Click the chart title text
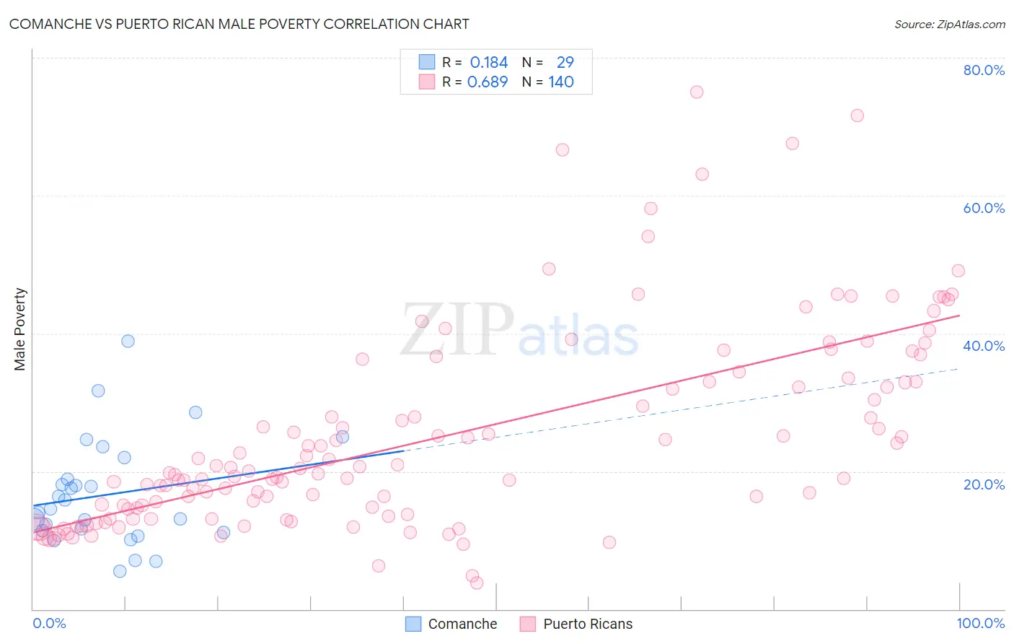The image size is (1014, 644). coord(239,24)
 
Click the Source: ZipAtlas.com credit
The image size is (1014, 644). coord(949,24)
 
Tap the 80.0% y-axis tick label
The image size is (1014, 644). coord(984,70)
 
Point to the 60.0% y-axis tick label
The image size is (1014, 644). coord(984,208)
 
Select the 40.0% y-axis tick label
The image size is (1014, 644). coord(984,346)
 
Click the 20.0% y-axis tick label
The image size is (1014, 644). coord(984,484)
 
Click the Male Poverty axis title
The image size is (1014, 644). coord(20,329)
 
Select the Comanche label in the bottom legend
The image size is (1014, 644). coord(462,624)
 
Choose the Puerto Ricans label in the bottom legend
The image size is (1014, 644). coord(588,624)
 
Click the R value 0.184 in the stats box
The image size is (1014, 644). coord(489,63)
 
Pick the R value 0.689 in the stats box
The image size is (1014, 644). coord(488,82)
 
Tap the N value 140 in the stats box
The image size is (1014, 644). coord(561,82)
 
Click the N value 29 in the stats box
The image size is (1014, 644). coord(565,63)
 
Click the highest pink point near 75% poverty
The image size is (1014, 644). coord(696,92)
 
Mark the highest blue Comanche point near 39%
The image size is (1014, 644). coord(128,341)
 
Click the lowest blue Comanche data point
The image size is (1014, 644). coord(120,571)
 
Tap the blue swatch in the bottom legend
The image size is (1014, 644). coord(413,624)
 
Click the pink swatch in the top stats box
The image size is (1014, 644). coord(427,82)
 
